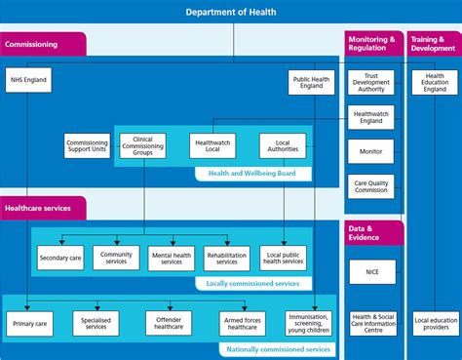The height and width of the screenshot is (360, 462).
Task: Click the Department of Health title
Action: (231, 12)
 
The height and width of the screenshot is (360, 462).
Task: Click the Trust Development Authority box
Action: (370, 83)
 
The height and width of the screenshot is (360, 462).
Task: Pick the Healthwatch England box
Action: (370, 118)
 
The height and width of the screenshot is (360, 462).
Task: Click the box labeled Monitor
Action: (370, 152)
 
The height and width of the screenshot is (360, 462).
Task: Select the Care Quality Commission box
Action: (370, 185)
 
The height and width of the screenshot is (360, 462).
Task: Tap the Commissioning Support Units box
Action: (87, 146)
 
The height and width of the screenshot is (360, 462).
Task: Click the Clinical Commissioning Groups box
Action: (142, 146)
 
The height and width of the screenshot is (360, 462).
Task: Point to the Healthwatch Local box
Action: (212, 146)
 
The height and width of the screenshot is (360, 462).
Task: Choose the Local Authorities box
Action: (284, 146)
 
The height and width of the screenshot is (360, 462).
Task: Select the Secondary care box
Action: (60, 259)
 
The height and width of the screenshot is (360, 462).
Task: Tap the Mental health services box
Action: (172, 259)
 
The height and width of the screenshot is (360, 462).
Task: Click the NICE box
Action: (370, 271)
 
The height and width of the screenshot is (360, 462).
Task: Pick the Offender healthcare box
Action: (172, 323)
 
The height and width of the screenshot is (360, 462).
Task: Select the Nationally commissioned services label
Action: (277, 348)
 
